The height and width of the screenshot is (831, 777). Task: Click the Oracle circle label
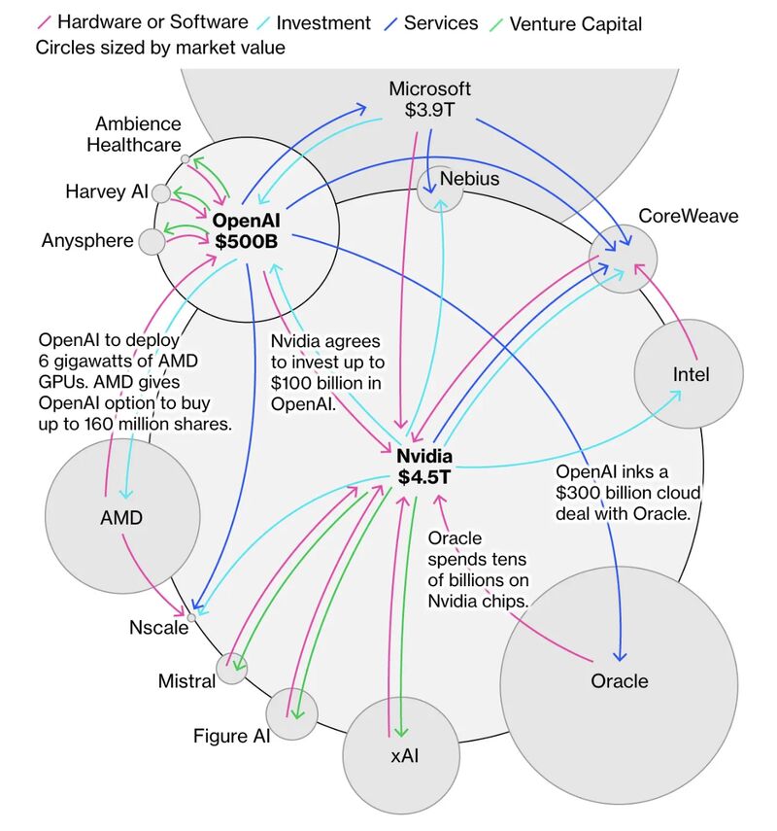click(619, 681)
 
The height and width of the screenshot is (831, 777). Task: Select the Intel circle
click(690, 374)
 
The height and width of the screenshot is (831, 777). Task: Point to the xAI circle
click(401, 754)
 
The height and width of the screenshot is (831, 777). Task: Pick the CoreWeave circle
click(624, 258)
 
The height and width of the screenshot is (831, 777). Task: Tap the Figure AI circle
click(291, 713)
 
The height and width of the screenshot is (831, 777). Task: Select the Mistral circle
click(232, 668)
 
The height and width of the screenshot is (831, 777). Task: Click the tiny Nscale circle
click(192, 616)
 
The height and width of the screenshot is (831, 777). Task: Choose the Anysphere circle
click(152, 241)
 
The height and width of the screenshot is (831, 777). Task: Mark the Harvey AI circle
click(161, 192)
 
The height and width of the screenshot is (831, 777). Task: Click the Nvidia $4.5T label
click(425, 467)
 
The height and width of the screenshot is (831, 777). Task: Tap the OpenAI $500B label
click(247, 230)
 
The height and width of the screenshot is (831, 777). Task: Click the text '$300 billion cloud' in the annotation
click(627, 493)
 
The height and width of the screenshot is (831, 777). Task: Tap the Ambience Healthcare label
click(137, 134)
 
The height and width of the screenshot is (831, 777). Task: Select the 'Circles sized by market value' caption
click(160, 47)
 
